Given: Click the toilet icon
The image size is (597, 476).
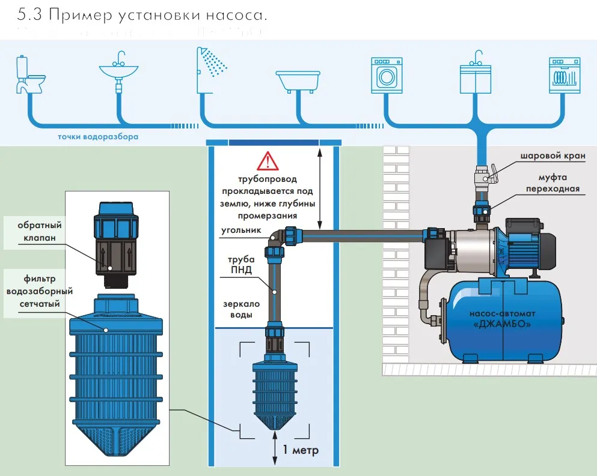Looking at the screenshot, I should click(x=29, y=74).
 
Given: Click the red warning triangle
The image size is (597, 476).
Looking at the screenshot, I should click(x=268, y=161).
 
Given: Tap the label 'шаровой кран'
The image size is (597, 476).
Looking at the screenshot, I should click(x=553, y=155).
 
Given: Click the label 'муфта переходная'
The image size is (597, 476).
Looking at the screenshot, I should click(x=553, y=183).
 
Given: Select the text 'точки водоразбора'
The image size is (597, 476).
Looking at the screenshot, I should click(x=98, y=137).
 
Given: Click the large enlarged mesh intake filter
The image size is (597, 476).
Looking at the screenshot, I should click(x=117, y=372).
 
